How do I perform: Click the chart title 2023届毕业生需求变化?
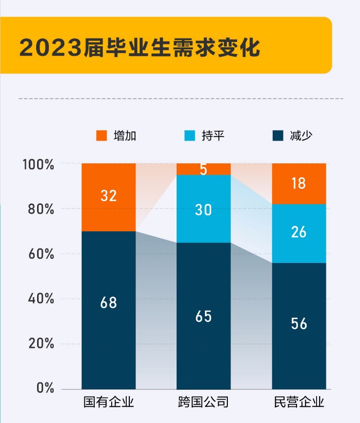click(x=140, y=47)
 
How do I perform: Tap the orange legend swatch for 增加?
click(x=101, y=136)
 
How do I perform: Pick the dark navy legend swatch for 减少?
click(x=278, y=136)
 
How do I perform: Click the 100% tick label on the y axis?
click(x=38, y=164)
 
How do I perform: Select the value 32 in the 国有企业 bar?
click(x=108, y=196)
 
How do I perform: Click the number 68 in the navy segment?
click(x=108, y=302)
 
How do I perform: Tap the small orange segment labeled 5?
click(x=203, y=169)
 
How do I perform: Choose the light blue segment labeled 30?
click(x=203, y=210)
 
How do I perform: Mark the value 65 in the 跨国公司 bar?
click(x=203, y=316)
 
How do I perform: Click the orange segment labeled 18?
click(x=299, y=183)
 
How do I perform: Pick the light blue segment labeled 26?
click(x=299, y=232)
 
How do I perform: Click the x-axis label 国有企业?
click(x=108, y=403)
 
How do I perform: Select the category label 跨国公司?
click(x=203, y=403)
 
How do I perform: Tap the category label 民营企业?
click(x=299, y=403)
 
